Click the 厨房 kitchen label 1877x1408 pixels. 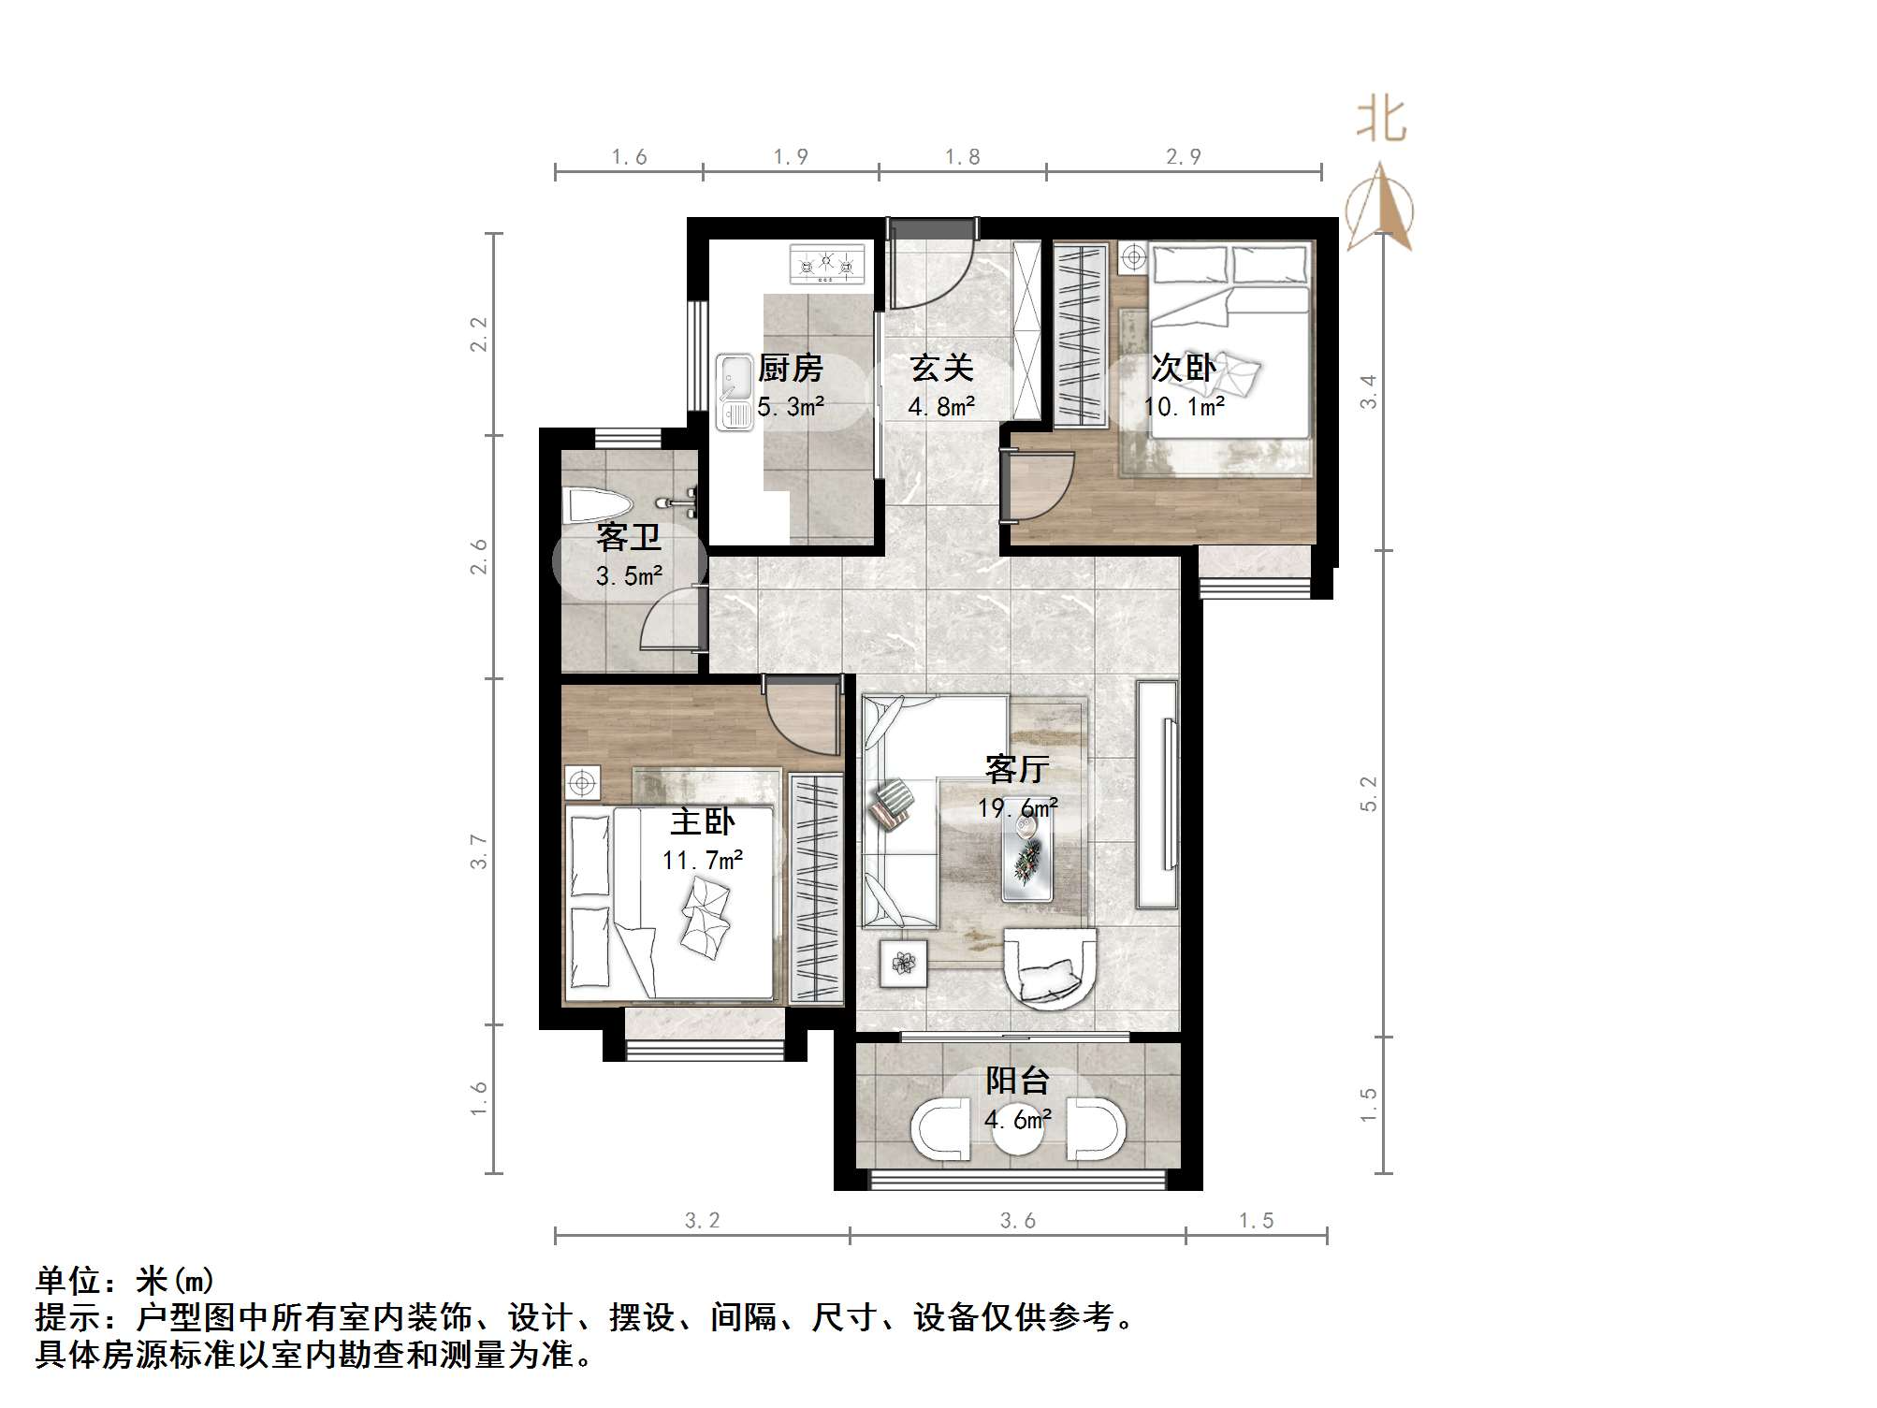pos(790,368)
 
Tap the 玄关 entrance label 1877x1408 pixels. pos(941,368)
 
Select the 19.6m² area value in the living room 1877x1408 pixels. pos(1018,806)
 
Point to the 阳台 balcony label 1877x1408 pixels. pos(1017,1081)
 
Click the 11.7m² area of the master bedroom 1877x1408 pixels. pos(703,860)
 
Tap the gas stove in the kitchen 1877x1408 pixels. pos(826,264)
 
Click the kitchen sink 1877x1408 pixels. pos(735,391)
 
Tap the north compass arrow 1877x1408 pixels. pos(1380,208)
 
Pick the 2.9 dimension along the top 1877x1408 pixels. pos(1184,156)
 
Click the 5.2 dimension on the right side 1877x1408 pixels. pos(1369,793)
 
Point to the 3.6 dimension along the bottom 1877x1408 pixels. pos(1018,1221)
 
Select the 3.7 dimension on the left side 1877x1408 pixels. pos(479,851)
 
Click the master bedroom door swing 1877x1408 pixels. pos(797,719)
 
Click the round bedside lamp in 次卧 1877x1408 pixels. pos(1133,256)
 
